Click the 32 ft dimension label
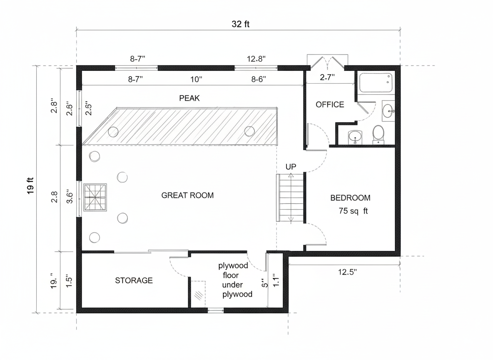click(x=241, y=24)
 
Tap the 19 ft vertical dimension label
click(x=30, y=186)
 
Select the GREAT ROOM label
click(x=187, y=195)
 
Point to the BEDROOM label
click(x=350, y=198)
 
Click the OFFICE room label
click(x=330, y=105)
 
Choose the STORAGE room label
click(x=134, y=280)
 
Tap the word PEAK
click(x=189, y=98)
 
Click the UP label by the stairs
click(x=291, y=167)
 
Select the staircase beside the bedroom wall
click(x=291, y=197)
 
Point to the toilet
click(x=378, y=134)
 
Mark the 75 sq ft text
click(x=353, y=211)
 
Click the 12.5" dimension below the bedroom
click(x=347, y=272)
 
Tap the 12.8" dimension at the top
click(x=256, y=59)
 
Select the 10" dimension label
click(x=196, y=79)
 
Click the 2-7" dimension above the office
click(x=327, y=77)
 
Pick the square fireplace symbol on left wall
click(x=95, y=197)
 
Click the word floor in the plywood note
click(x=231, y=275)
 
